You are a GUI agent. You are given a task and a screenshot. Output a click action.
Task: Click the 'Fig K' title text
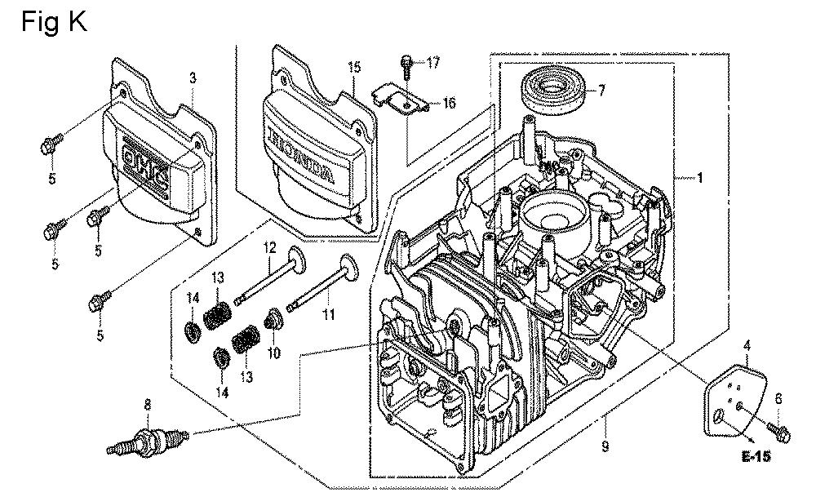click(x=52, y=22)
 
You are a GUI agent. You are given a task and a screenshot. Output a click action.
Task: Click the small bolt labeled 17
click(x=406, y=64)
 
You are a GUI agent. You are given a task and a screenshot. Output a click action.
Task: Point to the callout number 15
click(x=353, y=67)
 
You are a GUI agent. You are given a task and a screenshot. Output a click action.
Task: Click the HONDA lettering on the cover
click(x=299, y=152)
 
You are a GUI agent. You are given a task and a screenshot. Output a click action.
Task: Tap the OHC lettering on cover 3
click(x=145, y=167)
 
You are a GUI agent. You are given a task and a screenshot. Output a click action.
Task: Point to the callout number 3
click(x=193, y=78)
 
